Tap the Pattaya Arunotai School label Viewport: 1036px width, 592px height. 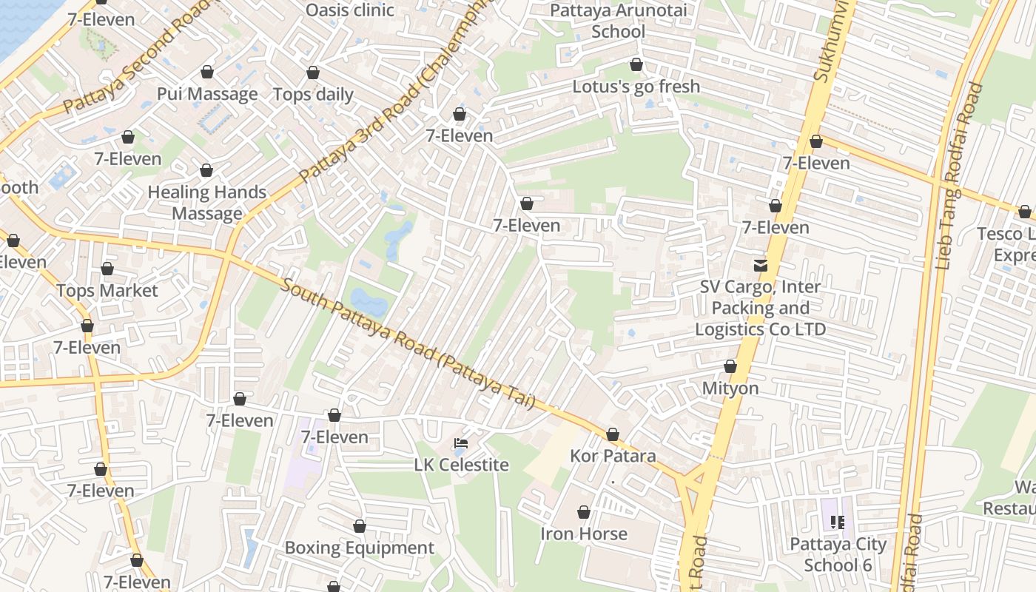tap(619, 21)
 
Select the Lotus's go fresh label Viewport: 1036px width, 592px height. tap(636, 87)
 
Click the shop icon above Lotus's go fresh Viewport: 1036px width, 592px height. tap(636, 65)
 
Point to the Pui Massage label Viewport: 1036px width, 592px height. tap(207, 94)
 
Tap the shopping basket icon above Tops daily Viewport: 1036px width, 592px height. tap(313, 73)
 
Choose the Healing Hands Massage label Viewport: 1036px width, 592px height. tap(207, 203)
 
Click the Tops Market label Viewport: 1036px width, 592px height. tap(107, 291)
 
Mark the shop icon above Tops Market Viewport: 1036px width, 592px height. tap(107, 269)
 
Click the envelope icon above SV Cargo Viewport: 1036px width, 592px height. tap(760, 265)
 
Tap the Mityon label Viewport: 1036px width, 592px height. tap(730, 388)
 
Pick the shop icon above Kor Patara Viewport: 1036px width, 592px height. tap(613, 434)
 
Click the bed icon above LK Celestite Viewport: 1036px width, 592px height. tap(461, 443)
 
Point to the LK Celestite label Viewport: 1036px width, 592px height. tap(461, 465)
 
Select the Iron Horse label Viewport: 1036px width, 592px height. tap(584, 534)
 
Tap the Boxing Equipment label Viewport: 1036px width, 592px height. tap(360, 548)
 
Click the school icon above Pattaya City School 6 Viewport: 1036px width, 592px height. tap(838, 522)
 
